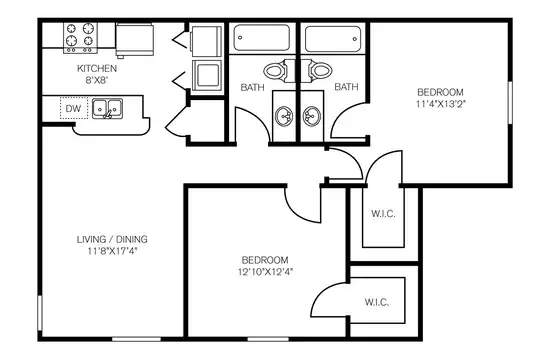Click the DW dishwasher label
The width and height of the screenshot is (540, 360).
click(x=73, y=109)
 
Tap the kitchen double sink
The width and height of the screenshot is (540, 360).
click(x=107, y=109)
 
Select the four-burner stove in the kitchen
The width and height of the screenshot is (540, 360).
click(x=80, y=38)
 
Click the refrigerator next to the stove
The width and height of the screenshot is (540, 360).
click(x=135, y=40)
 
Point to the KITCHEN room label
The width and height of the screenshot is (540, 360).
click(x=97, y=68)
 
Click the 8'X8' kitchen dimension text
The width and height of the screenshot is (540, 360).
click(x=97, y=80)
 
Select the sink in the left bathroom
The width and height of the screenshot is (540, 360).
click(x=284, y=116)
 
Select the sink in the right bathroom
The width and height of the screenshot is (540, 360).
click(x=312, y=116)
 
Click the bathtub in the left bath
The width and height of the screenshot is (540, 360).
click(x=262, y=38)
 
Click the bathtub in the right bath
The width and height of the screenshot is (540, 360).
click(x=333, y=39)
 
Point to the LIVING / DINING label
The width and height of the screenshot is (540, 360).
click(x=112, y=239)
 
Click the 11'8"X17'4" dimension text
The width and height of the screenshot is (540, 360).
click(x=112, y=251)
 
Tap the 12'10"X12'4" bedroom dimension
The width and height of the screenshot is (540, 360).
click(x=265, y=272)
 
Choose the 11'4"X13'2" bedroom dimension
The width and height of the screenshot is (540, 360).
click(x=440, y=104)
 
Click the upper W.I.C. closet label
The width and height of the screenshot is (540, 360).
click(x=383, y=214)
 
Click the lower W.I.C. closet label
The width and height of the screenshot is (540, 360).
click(x=377, y=302)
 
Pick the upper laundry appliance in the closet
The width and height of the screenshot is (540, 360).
click(x=206, y=41)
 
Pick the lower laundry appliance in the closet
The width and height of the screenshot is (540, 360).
click(x=207, y=75)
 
